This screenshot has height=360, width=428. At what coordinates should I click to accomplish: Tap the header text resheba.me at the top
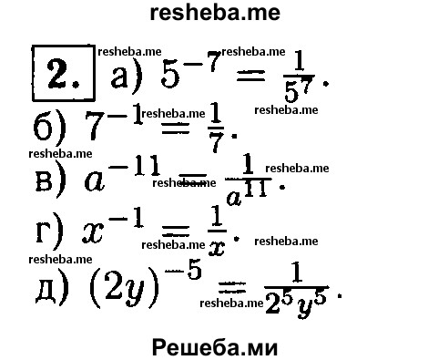213,14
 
